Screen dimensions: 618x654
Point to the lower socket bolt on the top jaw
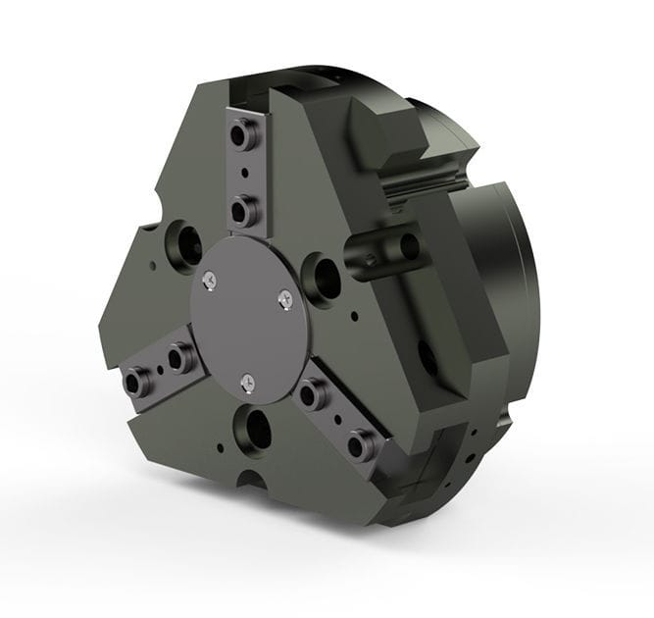click(x=241, y=207)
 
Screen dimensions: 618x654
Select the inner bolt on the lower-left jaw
click(x=177, y=357)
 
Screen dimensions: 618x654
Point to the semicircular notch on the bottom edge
click(x=251, y=483)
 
